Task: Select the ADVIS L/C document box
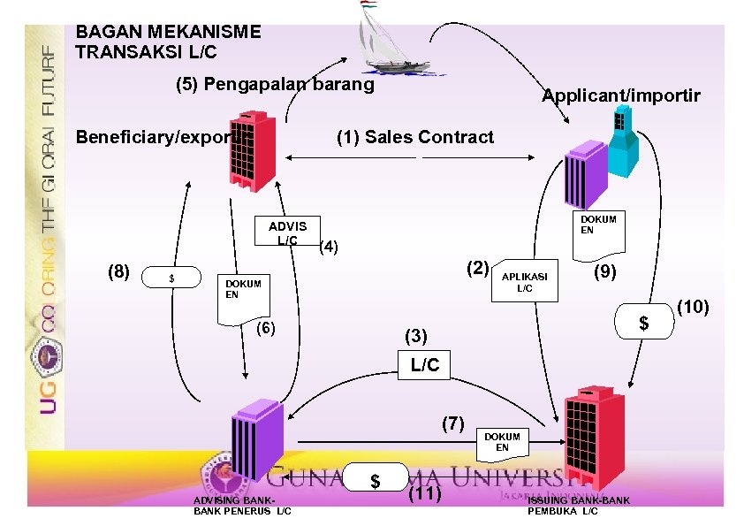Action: pyautogui.click(x=287, y=233)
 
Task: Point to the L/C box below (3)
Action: pyautogui.click(x=424, y=364)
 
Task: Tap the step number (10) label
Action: pyautogui.click(x=695, y=307)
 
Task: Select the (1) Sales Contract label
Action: pyautogui.click(x=415, y=137)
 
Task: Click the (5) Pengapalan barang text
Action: pyautogui.click(x=275, y=85)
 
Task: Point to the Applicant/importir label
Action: pyautogui.click(x=620, y=95)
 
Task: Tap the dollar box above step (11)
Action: pyautogui.click(x=376, y=480)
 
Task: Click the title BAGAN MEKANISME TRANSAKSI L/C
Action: pyautogui.click(x=168, y=42)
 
